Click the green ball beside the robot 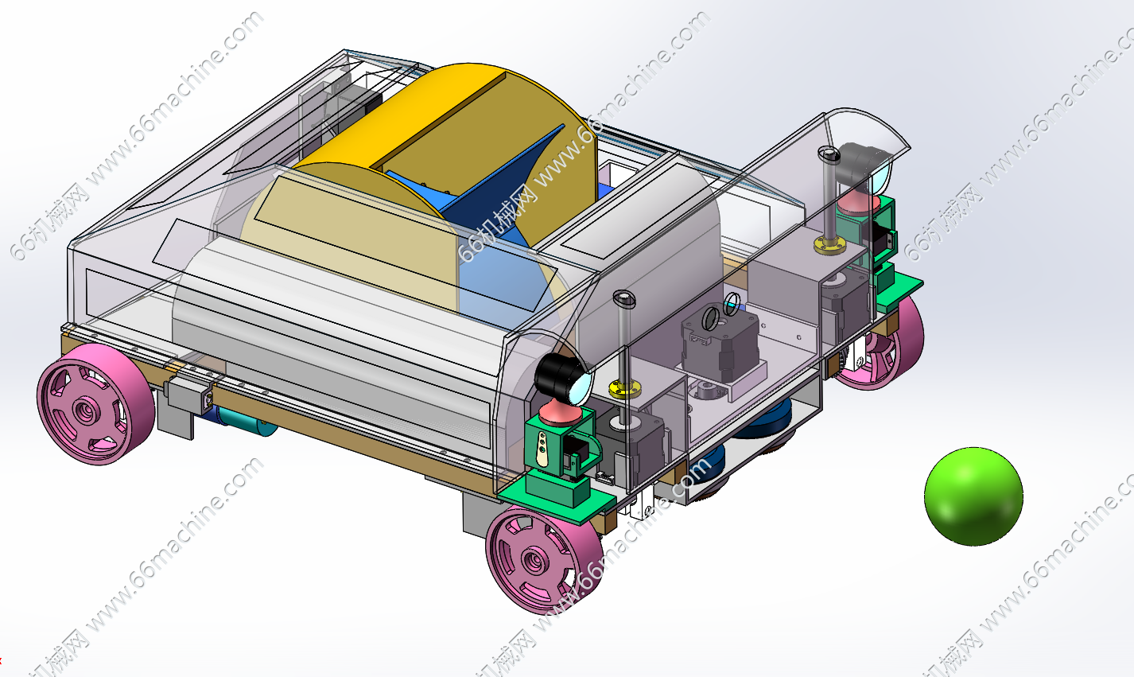[x=973, y=496]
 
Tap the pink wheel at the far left [x=95, y=404]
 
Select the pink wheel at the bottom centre [x=545, y=559]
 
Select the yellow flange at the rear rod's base [x=830, y=246]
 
